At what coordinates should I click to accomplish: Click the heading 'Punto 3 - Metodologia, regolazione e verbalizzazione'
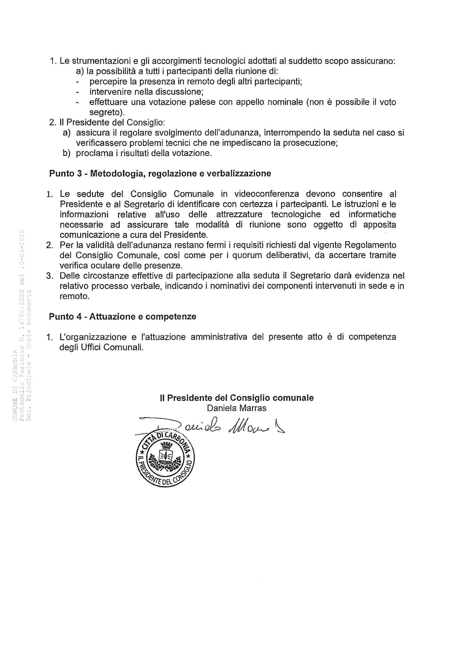(160, 173)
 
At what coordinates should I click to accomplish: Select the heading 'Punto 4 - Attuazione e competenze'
(122, 316)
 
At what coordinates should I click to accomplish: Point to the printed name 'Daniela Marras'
(237, 408)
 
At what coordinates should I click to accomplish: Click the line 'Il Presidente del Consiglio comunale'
(237, 398)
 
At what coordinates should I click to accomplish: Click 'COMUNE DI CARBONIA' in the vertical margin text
(15, 386)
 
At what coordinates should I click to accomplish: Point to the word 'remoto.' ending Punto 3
(75, 296)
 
